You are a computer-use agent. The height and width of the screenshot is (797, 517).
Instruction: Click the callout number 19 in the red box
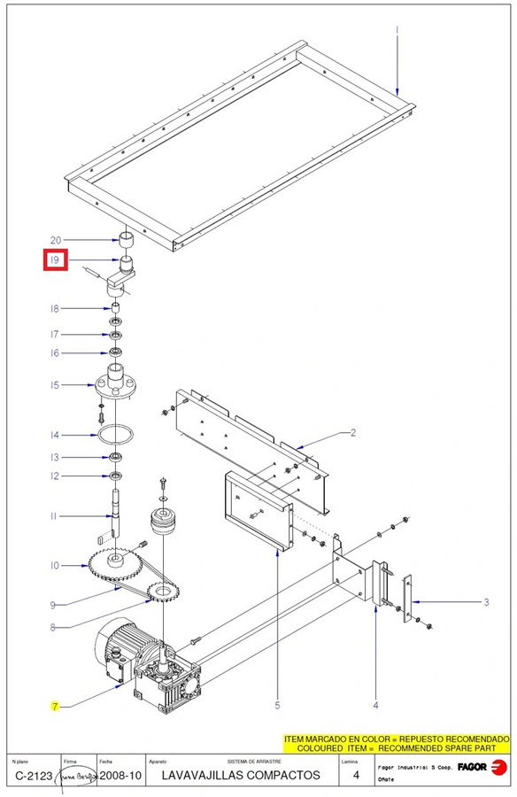(55, 260)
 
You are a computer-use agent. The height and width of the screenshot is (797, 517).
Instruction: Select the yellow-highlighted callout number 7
(55, 706)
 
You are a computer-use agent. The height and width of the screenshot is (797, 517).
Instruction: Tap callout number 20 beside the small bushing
(55, 240)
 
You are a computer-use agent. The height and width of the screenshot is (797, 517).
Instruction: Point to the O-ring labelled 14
(116, 435)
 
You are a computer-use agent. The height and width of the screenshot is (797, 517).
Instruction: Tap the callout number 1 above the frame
(397, 30)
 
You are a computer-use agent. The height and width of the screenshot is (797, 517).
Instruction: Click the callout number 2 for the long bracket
(352, 433)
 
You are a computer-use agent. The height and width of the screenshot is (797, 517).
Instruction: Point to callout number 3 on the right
(486, 602)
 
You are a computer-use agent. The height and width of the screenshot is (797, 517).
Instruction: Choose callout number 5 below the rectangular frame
(277, 706)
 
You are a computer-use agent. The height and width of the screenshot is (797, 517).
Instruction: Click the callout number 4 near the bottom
(375, 706)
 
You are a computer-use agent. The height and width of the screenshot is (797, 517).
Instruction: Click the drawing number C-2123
(33, 775)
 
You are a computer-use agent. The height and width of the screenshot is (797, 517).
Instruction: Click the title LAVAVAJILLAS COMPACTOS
(241, 775)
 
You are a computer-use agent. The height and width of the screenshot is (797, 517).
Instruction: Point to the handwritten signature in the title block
(77, 775)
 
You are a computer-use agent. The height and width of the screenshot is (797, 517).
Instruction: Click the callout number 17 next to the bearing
(55, 335)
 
